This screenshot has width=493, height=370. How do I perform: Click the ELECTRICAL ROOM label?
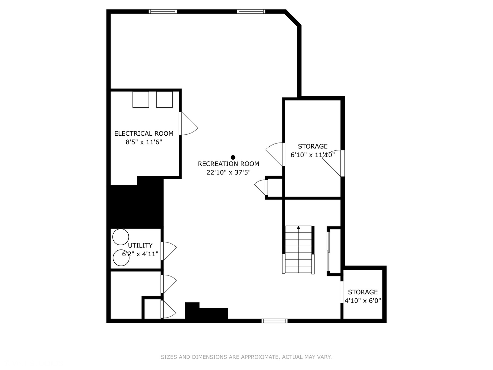144,134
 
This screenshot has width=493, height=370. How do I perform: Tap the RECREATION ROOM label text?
228,164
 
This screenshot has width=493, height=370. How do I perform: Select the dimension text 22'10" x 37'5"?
228,172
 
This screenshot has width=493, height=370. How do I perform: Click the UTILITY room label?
140,245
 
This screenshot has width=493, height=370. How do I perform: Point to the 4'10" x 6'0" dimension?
363,301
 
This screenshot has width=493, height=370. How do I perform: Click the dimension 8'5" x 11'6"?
144,142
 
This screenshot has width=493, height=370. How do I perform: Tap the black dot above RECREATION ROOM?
233,157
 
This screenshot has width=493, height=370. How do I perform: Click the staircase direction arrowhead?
299,227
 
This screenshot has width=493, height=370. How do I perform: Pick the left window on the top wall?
163,12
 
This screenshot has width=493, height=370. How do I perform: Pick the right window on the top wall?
251,12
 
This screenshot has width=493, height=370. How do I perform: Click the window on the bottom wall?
274,321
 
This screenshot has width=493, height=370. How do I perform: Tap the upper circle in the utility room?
121,237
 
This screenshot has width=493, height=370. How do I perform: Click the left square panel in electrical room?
141,99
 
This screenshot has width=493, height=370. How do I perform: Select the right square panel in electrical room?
164,99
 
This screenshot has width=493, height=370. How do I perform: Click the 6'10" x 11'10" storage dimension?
313,155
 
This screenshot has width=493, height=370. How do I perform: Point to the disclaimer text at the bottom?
246,357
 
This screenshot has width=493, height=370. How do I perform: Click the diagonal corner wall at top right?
293,18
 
